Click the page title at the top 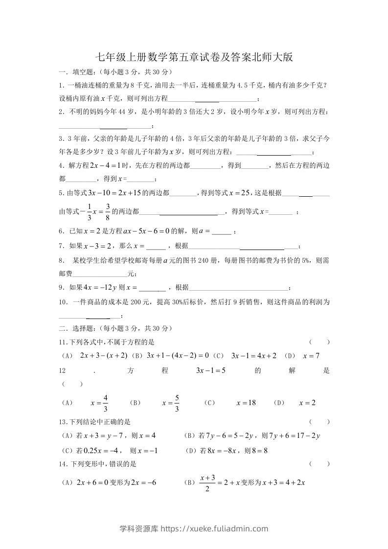(x=194, y=57)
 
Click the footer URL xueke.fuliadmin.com (x=194, y=528)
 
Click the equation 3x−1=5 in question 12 (x=210, y=370)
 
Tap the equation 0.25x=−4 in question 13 (x=100, y=451)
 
